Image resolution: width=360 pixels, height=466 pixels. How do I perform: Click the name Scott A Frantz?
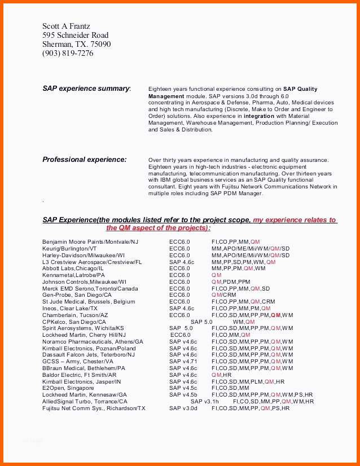66,26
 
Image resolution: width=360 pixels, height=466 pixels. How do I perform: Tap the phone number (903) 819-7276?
68,54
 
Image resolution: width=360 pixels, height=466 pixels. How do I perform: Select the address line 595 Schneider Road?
75,35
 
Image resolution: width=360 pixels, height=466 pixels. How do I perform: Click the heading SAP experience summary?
86,89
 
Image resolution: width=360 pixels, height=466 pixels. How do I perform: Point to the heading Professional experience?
85,160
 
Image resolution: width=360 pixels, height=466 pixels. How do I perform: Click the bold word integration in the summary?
258,116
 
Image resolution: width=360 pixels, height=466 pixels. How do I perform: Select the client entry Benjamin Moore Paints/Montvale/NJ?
90,241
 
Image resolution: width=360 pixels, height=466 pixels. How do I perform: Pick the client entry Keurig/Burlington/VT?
69,248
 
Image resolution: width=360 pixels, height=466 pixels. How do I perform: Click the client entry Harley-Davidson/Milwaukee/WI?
84,255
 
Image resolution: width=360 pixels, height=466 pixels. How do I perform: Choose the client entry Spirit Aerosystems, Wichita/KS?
83,328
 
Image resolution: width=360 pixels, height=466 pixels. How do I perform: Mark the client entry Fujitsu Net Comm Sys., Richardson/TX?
94,408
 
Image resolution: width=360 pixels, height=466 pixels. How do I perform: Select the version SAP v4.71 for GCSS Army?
183,362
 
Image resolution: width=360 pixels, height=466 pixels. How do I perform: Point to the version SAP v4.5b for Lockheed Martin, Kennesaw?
183,395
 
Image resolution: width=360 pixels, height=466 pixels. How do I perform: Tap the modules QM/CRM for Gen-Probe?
224,295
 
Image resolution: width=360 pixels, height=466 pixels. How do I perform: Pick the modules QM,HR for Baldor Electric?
222,375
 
